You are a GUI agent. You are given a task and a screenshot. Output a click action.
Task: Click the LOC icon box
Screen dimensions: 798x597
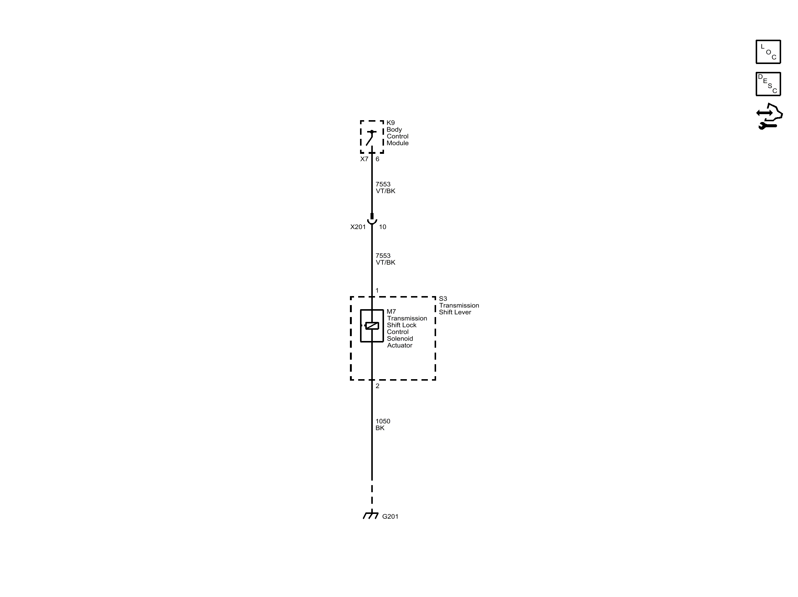point(768,52)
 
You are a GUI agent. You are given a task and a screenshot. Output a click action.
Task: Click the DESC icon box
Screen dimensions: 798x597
point(768,84)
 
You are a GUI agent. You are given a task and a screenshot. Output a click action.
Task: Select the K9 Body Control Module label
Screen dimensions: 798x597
point(397,133)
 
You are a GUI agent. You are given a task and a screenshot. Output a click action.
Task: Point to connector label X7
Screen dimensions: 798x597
point(364,159)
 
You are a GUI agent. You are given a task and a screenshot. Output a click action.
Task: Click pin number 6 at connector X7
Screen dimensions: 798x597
point(377,159)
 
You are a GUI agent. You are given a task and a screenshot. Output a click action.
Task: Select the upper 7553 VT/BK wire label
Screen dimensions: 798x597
point(385,188)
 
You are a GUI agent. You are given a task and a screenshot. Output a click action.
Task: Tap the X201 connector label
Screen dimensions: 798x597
point(358,227)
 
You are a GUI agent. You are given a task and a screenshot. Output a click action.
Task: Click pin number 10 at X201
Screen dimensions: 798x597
point(382,227)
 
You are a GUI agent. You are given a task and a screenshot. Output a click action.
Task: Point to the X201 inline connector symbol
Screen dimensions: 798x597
point(372,220)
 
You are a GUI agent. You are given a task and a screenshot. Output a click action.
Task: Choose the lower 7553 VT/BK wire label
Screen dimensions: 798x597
point(385,259)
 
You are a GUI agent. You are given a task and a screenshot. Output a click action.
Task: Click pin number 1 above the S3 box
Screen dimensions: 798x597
point(377,290)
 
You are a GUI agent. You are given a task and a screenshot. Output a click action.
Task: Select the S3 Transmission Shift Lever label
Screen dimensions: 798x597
point(459,305)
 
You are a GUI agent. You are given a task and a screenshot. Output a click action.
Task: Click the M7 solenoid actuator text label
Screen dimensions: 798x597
point(406,328)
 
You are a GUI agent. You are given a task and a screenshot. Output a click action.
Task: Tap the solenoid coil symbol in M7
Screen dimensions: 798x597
point(372,326)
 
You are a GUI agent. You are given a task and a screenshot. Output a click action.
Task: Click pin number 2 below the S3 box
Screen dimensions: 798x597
point(377,386)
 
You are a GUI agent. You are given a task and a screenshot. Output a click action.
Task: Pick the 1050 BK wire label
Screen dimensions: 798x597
point(383,424)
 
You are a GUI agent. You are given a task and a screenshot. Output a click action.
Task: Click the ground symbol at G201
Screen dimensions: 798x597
point(371,515)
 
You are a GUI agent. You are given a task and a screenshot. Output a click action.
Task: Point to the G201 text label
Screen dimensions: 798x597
point(390,517)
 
